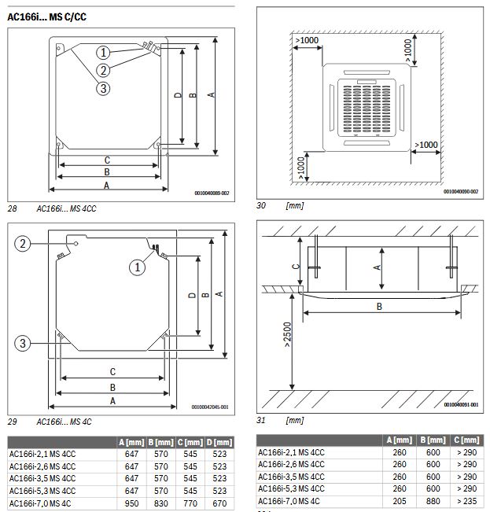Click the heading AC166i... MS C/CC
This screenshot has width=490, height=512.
pos(46,16)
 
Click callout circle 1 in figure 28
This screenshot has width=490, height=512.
pos(103,53)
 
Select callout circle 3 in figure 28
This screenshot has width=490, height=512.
pos(103,88)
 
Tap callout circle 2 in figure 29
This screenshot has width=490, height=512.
pos(24,245)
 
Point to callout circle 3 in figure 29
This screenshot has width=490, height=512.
pos(24,343)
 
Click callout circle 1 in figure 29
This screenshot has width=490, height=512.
pos(138,267)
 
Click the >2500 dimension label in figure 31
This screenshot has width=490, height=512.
pos(288,336)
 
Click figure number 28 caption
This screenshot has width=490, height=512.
pos(12,208)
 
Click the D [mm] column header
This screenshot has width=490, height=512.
pos(221,443)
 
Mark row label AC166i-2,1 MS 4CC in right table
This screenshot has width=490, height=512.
pos(292,452)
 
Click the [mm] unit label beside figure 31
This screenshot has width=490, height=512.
pos(295,421)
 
